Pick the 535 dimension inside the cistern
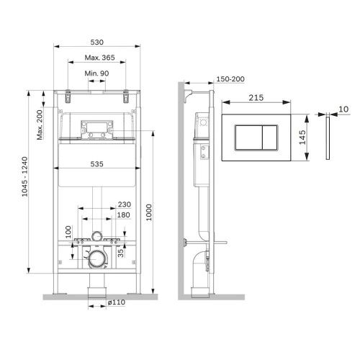click(x=97, y=163)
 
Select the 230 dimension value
click(x=123, y=204)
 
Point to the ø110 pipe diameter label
click(x=117, y=303)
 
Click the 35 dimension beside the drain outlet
click(x=122, y=252)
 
